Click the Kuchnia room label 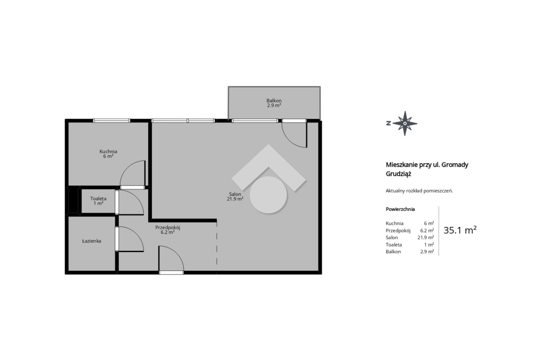[108, 152]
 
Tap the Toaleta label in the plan [98, 198]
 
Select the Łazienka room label [92, 241]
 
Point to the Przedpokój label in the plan [167, 228]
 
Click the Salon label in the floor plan [235, 194]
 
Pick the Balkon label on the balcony [274, 100]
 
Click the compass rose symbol [405, 123]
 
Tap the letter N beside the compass [388, 123]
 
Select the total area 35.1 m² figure [460, 230]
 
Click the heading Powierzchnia [400, 209]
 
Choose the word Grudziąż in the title [398, 174]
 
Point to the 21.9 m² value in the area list [426, 238]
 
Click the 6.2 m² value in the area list [427, 230]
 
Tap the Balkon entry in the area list [393, 252]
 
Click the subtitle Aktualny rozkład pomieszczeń [419, 191]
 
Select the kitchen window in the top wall [111, 121]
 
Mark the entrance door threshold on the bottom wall [171, 273]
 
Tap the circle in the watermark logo [268, 195]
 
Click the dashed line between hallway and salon [217, 247]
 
